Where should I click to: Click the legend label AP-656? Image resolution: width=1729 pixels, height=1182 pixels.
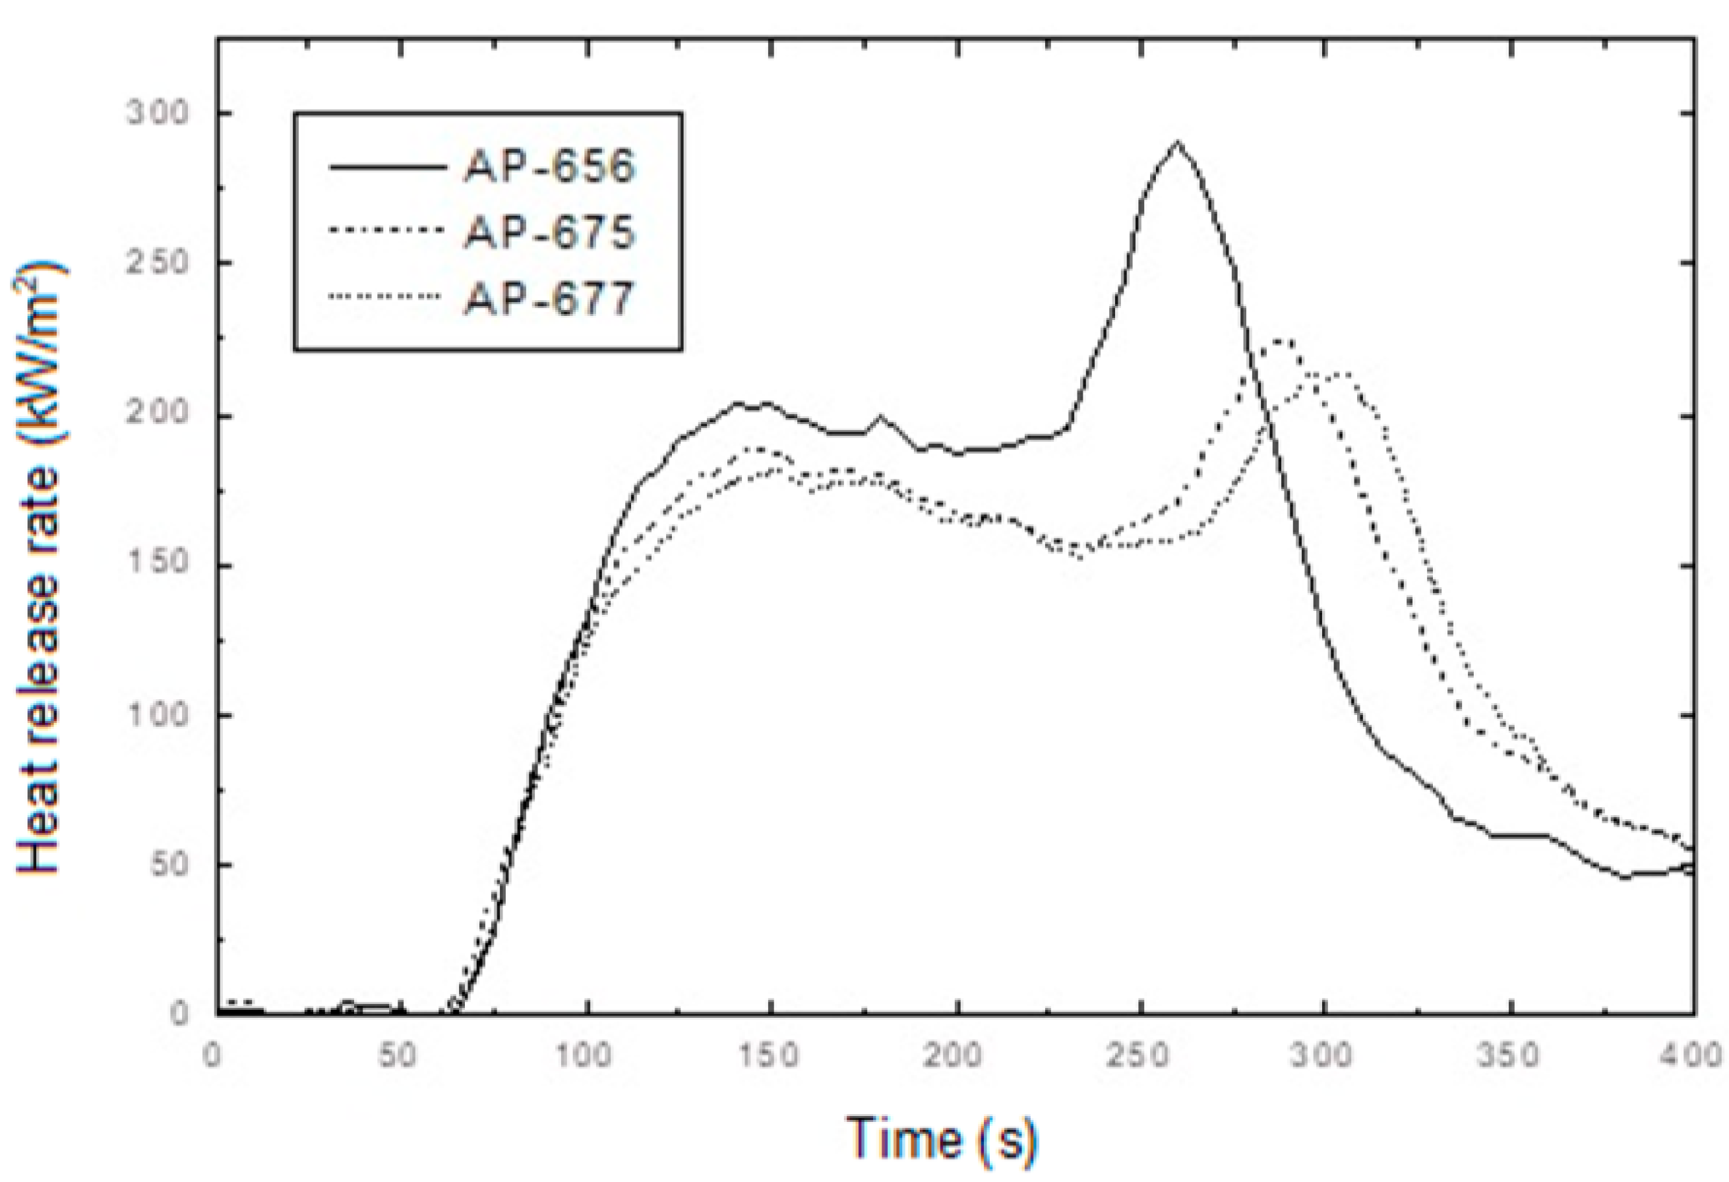point(549,167)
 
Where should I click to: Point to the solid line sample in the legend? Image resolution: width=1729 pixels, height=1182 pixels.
point(387,168)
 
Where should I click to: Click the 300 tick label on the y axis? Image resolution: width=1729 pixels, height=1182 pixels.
point(157,114)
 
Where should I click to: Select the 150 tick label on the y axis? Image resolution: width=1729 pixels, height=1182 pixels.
point(157,563)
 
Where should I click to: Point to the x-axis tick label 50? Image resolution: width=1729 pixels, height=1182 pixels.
point(397,1055)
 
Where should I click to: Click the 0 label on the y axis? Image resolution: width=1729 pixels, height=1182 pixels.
point(179,1014)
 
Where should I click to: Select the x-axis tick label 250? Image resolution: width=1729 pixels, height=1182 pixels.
point(1141,1055)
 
